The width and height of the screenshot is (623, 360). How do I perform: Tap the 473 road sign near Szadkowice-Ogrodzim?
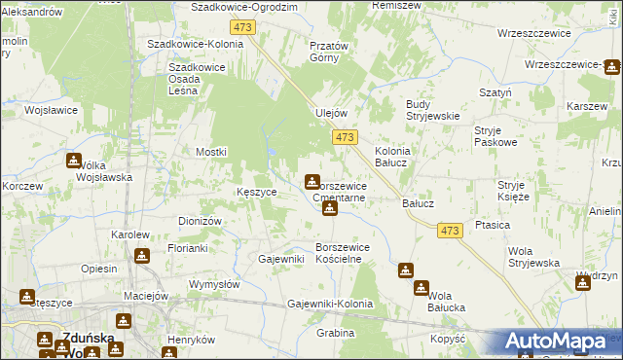(244, 27)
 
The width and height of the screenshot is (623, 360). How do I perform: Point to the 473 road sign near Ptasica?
(449, 230)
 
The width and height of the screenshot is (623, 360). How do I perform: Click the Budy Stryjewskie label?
(432, 110)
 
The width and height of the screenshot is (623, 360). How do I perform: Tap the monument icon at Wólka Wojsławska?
(74, 161)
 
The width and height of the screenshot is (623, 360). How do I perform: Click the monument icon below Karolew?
(142, 256)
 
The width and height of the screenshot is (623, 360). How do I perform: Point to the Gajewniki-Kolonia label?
(330, 305)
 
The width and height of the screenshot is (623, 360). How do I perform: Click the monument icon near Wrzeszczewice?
(611, 67)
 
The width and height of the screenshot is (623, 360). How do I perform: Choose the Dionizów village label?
(201, 221)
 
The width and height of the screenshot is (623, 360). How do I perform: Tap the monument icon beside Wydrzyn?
(583, 281)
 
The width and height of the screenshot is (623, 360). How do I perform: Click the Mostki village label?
(211, 152)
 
